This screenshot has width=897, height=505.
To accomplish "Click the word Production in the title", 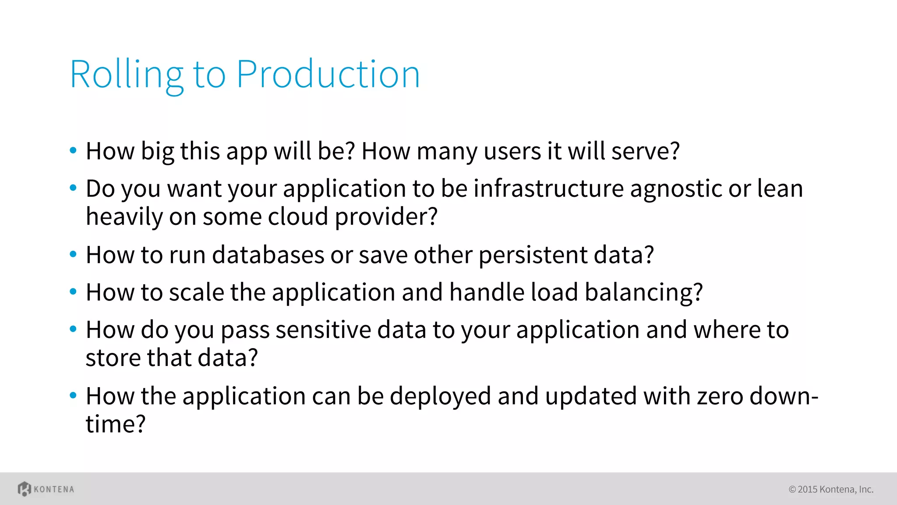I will click(x=328, y=75).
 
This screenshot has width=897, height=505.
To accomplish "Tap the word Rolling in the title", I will click(x=126, y=75).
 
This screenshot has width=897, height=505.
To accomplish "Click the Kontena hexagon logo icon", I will click(x=24, y=489).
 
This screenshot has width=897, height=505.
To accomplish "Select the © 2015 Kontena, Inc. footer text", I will click(x=831, y=489).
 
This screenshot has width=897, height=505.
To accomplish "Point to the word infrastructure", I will click(x=548, y=189).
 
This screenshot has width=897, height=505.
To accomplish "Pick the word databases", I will click(x=268, y=255).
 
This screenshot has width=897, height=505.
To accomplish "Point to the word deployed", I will click(x=440, y=396).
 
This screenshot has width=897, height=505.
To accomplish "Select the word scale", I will click(x=197, y=292).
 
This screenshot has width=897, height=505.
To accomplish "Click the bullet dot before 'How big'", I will click(x=73, y=151).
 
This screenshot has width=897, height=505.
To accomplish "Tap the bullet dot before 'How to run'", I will click(x=73, y=254).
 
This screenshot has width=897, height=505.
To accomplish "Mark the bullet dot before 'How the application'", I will click(x=73, y=395).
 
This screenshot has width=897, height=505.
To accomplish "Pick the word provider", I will click(x=386, y=217).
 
